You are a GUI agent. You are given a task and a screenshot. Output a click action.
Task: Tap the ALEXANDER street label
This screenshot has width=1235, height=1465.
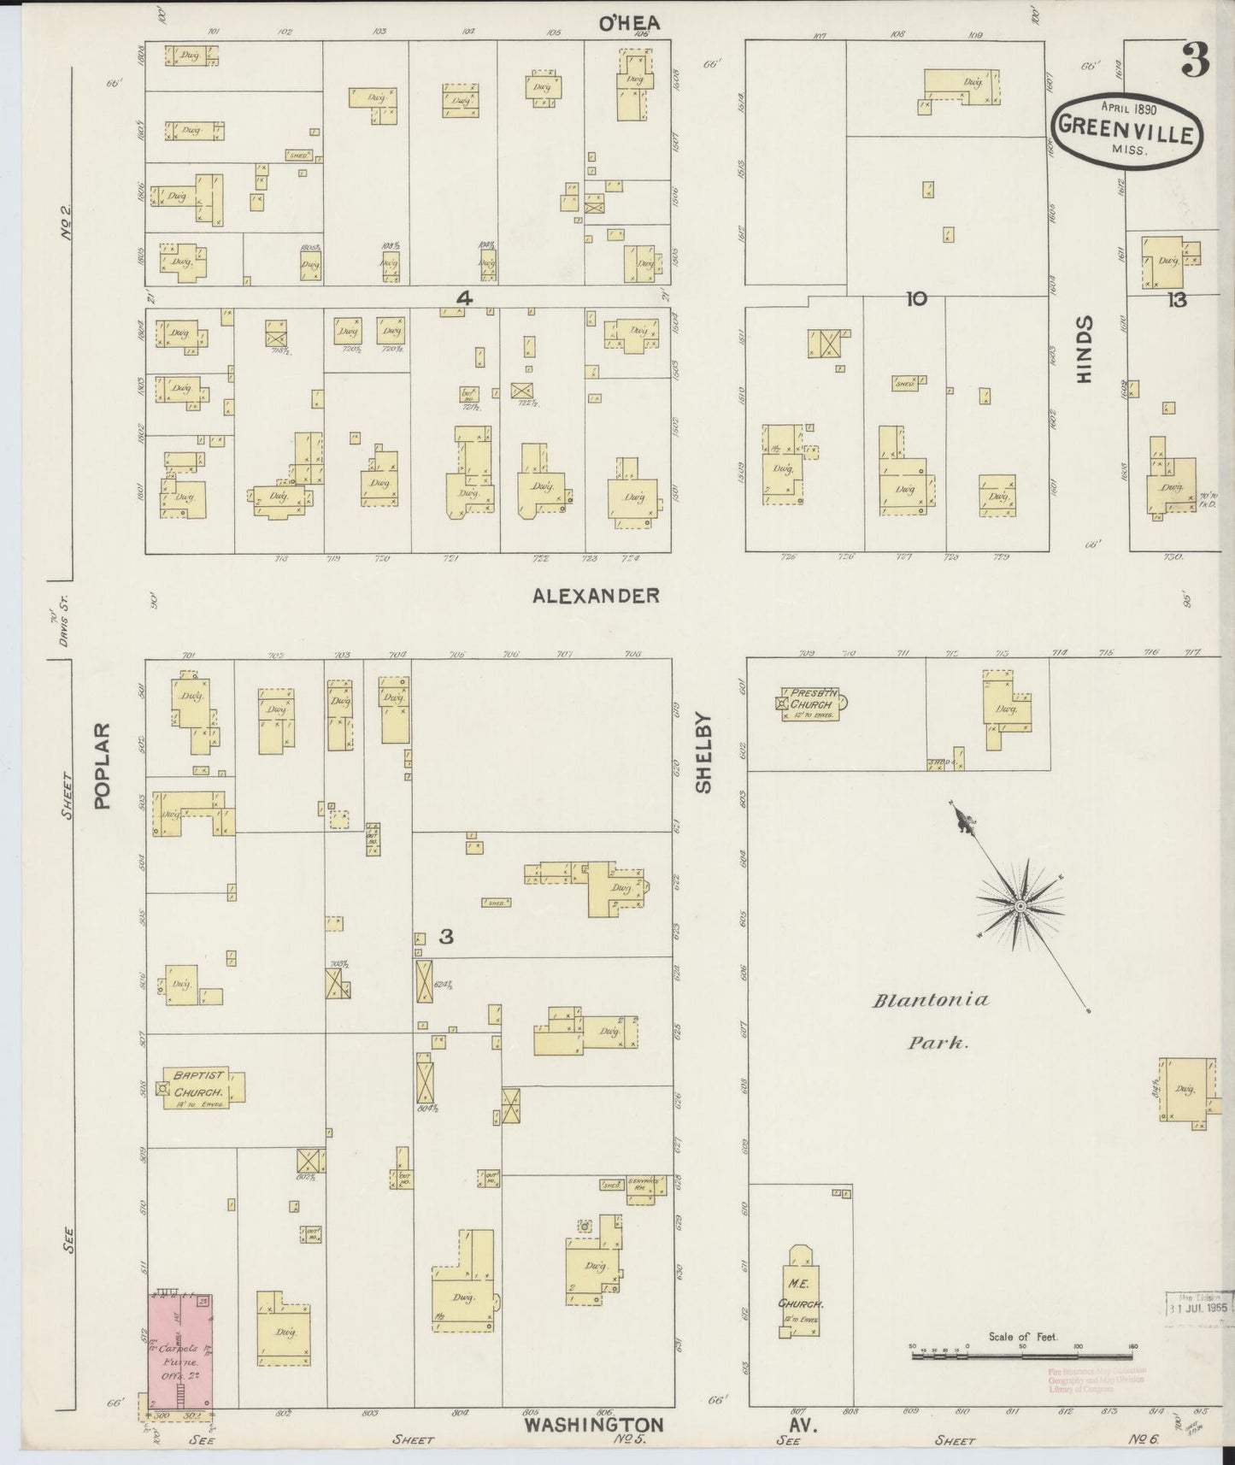(x=596, y=595)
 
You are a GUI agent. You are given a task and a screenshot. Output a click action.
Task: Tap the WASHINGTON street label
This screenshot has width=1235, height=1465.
(x=593, y=1425)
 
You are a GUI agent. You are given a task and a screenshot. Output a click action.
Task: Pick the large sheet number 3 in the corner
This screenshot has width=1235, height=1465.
(x=1195, y=59)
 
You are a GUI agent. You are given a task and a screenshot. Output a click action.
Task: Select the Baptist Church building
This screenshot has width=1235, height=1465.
(x=203, y=1088)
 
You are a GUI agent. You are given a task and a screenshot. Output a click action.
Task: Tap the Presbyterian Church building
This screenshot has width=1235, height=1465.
(x=810, y=703)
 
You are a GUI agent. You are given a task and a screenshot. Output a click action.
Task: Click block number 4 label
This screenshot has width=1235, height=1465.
(x=464, y=297)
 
